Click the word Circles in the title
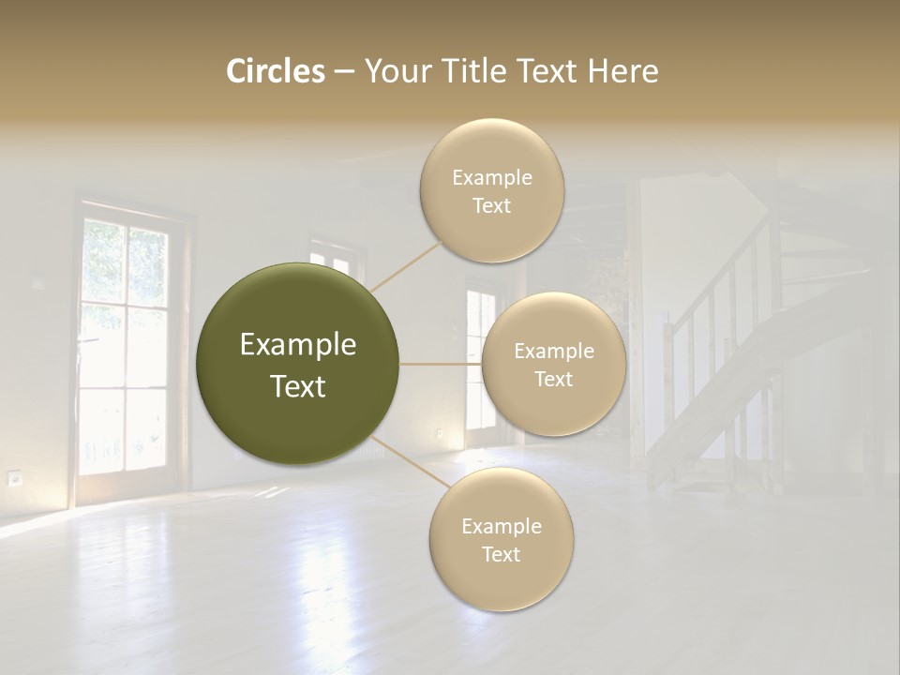pos(275,71)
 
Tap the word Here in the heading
pos(622,71)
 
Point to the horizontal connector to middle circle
pos(440,364)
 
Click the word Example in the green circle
pos(297,344)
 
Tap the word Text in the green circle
pos(297,385)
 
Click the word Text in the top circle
pos(491,205)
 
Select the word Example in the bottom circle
pos(501,526)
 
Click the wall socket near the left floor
pos(14,477)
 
